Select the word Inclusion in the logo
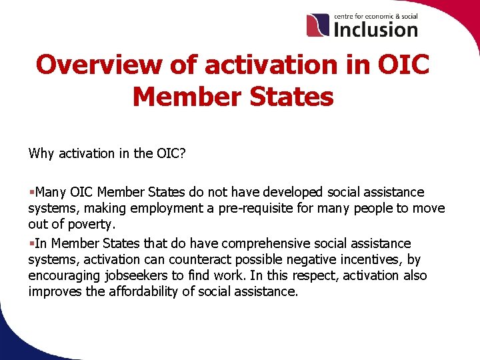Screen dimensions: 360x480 pos(375,29)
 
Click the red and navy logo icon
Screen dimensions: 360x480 pos(318,25)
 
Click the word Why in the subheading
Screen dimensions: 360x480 pos(42,153)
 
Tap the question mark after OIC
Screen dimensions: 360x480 pos(182,153)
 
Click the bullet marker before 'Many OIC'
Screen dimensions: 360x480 pos(31,193)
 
